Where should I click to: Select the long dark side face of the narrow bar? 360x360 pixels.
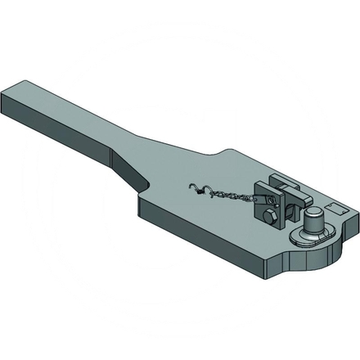pyautogui.click(x=65, y=131)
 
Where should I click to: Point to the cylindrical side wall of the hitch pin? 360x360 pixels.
pyautogui.click(x=310, y=225)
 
